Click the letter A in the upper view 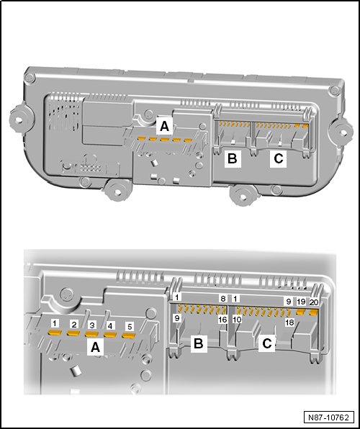(x=164, y=127)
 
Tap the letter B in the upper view (x=233, y=158)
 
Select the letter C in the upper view (x=278, y=158)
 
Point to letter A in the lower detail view (x=95, y=347)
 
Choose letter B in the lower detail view (x=199, y=343)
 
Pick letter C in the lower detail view (x=267, y=343)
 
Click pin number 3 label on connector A (x=92, y=325)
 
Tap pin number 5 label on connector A (x=130, y=326)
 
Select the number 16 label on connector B (x=222, y=320)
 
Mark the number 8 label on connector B (x=223, y=299)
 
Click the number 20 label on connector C (x=314, y=302)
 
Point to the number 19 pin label (x=301, y=302)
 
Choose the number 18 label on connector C (x=289, y=322)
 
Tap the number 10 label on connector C (x=237, y=320)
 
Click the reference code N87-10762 (x=329, y=417)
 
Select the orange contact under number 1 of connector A (x=55, y=333)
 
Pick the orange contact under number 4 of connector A (x=109, y=334)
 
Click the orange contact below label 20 (x=313, y=312)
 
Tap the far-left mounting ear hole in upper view (x=18, y=119)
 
